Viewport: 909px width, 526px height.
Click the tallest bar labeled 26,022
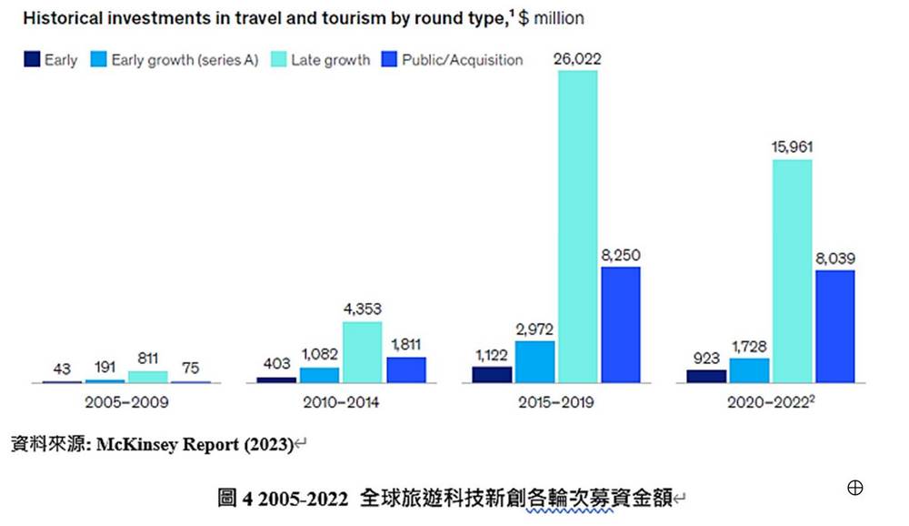click(x=577, y=227)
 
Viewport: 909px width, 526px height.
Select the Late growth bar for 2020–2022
click(x=792, y=271)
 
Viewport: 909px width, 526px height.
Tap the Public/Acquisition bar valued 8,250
click(x=621, y=325)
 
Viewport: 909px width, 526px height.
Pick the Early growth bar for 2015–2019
click(x=534, y=361)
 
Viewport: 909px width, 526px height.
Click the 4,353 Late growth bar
click(x=363, y=352)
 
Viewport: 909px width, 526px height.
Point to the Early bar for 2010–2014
click(x=276, y=379)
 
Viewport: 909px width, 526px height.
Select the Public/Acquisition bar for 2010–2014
click(x=406, y=369)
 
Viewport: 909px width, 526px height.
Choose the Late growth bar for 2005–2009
click(x=148, y=377)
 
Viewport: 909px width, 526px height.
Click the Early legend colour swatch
click(x=32, y=59)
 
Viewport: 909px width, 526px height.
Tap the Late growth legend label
click(x=331, y=60)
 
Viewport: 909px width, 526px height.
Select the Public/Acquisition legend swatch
click(x=389, y=59)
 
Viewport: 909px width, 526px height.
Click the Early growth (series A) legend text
click(x=185, y=60)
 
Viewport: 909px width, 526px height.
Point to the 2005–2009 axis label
click(x=126, y=401)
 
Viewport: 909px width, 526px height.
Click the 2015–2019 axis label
click(x=556, y=401)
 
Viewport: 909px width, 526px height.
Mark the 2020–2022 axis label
click(x=771, y=401)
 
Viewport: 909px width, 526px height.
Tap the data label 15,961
click(x=792, y=147)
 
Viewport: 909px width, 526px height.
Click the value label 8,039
click(x=835, y=258)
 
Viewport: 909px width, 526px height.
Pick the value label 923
click(x=706, y=358)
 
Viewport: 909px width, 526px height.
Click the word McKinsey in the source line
click(x=137, y=445)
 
